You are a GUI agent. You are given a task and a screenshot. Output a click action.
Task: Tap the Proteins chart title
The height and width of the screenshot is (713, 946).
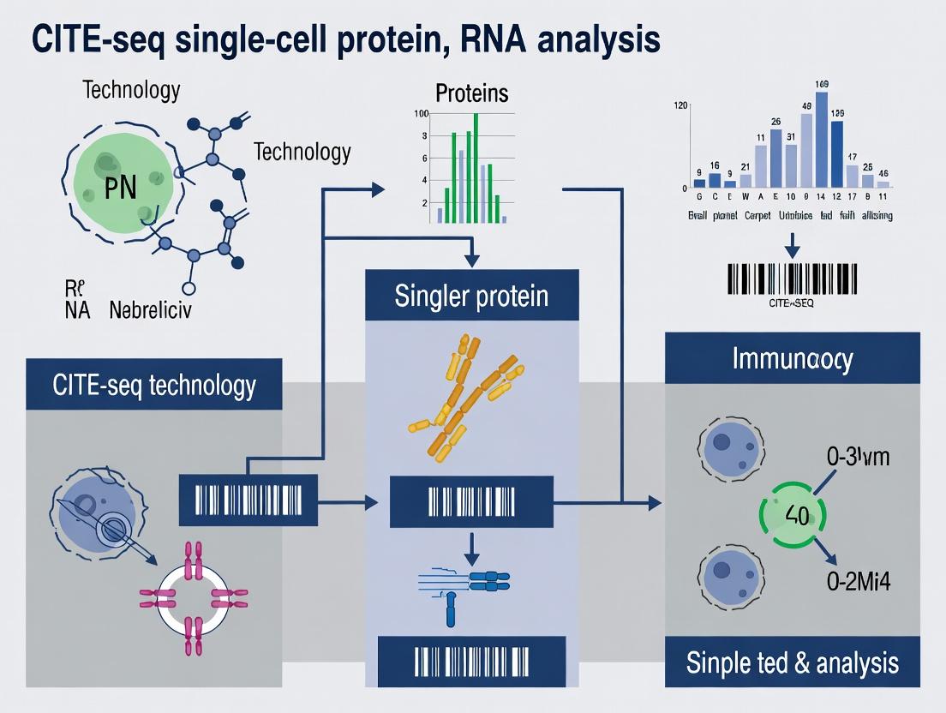click(471, 93)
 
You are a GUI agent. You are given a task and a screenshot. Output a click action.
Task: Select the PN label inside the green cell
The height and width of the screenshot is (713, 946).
click(120, 188)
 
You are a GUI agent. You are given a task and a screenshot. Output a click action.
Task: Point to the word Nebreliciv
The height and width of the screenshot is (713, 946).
click(151, 310)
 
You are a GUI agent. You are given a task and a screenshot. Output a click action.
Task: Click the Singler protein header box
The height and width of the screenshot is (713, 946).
click(471, 296)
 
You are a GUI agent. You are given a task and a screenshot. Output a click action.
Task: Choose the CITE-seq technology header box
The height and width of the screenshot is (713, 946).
click(154, 385)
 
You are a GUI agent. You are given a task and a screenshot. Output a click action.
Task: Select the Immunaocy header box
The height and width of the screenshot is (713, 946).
click(792, 358)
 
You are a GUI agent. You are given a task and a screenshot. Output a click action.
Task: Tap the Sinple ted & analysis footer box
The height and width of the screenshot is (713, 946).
click(792, 662)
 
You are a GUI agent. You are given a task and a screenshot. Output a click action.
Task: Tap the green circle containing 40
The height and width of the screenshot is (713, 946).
click(792, 516)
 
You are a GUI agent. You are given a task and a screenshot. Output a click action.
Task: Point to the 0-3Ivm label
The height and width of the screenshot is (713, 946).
click(858, 457)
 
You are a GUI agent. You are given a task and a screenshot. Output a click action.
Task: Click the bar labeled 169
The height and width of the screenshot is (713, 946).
click(822, 140)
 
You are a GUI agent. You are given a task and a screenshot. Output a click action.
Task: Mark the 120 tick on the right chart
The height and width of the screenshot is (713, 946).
click(681, 105)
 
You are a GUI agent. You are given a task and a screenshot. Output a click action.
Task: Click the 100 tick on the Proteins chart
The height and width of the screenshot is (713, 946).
click(421, 114)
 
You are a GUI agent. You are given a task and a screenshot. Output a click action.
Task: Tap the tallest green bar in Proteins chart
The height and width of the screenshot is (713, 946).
click(476, 168)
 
